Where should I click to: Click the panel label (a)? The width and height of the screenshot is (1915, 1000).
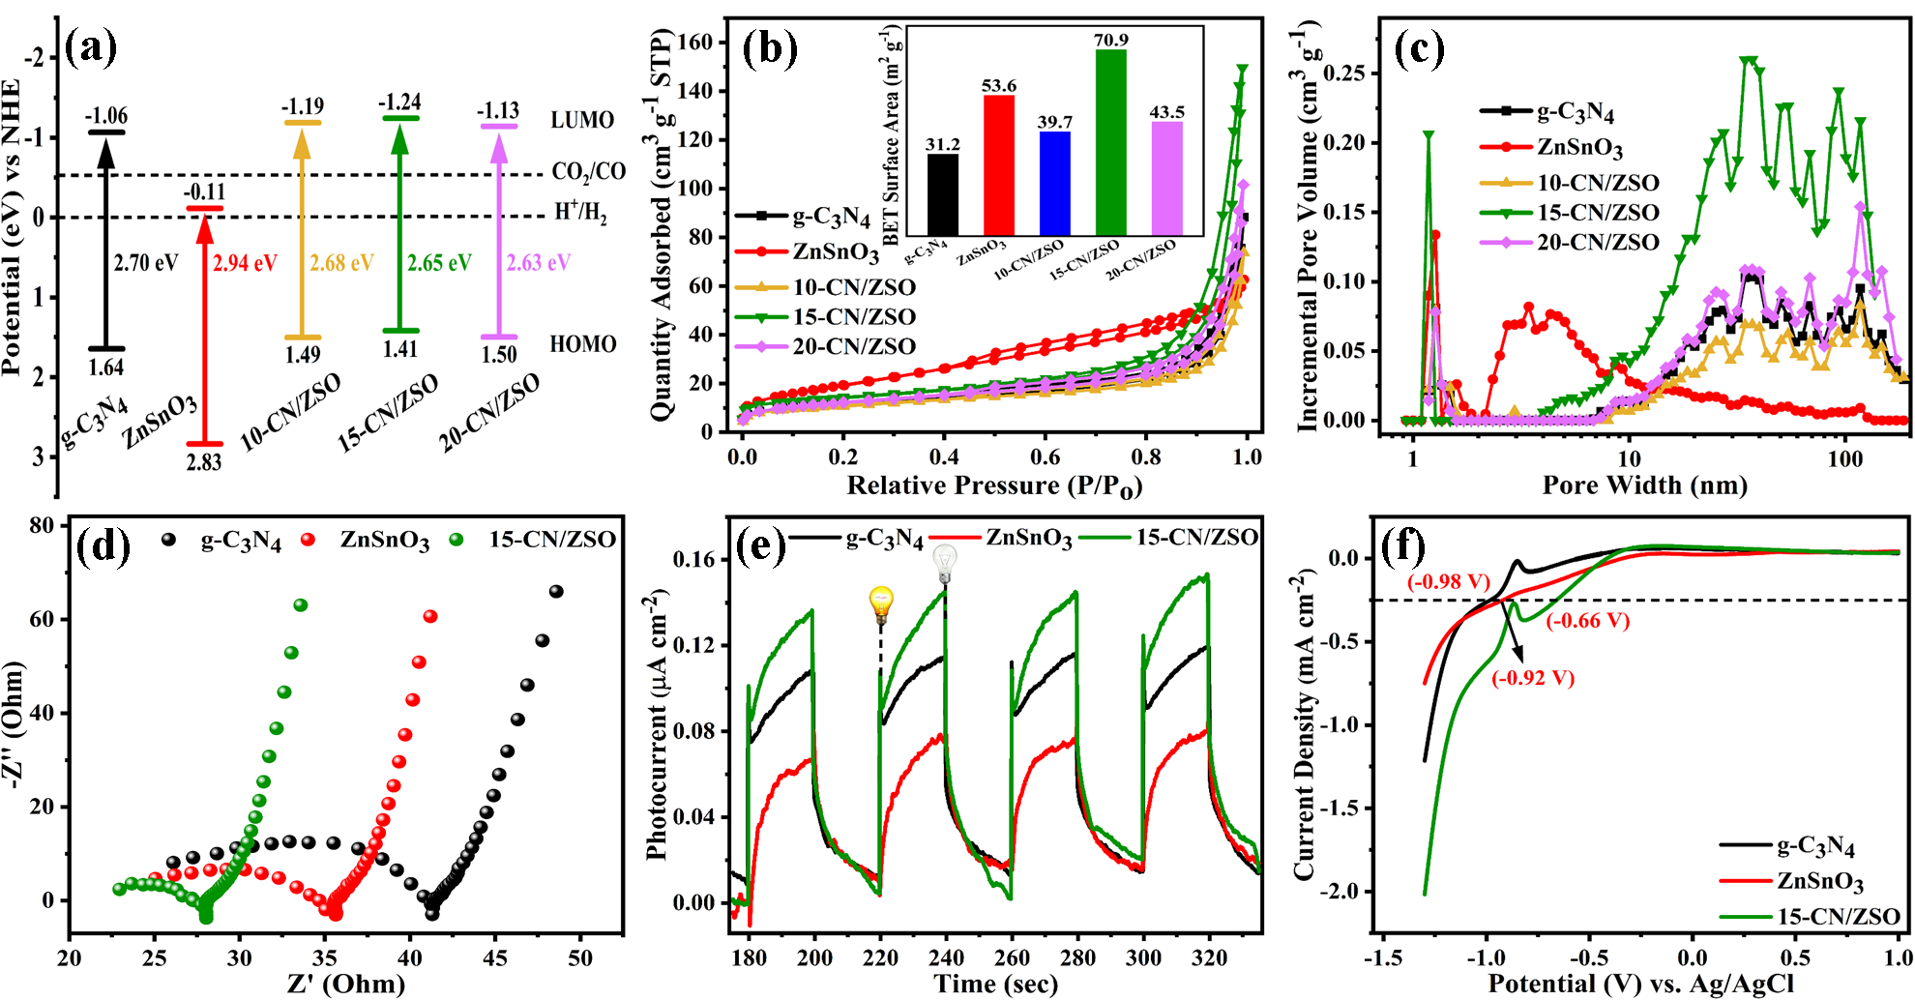[90, 46]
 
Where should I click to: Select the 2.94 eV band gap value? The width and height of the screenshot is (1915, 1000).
[245, 263]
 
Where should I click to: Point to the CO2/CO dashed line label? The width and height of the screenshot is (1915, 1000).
[588, 172]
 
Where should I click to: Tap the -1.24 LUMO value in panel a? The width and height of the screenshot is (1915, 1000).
[399, 103]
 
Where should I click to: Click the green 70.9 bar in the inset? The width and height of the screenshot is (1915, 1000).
[1110, 142]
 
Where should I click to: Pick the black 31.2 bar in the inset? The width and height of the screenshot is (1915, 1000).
[942, 194]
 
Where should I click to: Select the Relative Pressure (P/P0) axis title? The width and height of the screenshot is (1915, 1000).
[994, 485]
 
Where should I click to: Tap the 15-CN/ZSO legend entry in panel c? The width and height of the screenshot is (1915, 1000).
[1598, 213]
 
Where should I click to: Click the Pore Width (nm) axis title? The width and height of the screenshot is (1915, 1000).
[1644, 485]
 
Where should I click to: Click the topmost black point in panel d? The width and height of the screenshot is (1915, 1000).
[556, 592]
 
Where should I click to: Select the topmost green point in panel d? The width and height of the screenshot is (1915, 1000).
[300, 605]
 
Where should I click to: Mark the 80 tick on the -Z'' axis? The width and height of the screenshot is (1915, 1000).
[43, 525]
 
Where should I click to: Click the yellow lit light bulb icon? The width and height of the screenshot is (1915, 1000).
[881, 603]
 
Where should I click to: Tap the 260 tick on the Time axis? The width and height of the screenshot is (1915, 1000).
[1012, 958]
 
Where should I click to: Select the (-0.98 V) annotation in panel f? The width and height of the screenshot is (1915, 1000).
[1448, 581]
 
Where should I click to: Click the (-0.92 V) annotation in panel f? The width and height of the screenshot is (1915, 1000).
[1533, 678]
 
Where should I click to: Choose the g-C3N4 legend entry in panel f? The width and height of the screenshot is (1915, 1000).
[1815, 847]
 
